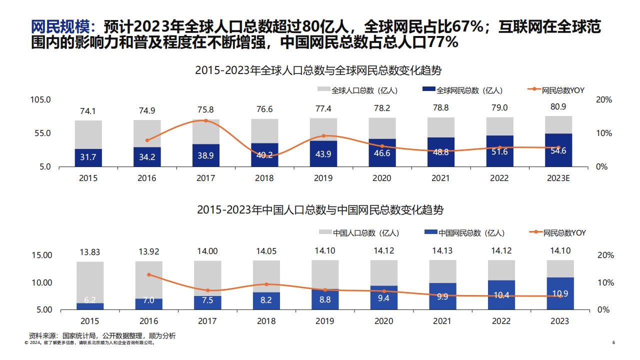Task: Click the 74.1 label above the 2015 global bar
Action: (88, 111)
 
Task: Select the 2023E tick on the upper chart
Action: (558, 178)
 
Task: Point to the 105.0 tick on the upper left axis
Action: (41, 100)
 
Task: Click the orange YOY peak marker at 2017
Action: (205, 120)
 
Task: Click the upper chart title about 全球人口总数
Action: (319, 70)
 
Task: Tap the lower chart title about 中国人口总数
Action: (319, 209)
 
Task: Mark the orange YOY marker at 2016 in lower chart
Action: (148, 274)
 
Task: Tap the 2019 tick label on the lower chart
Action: (324, 321)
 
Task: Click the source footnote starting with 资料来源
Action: (102, 335)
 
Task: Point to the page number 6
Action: (613, 343)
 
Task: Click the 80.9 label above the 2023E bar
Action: (558, 107)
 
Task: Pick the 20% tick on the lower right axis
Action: (605, 255)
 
